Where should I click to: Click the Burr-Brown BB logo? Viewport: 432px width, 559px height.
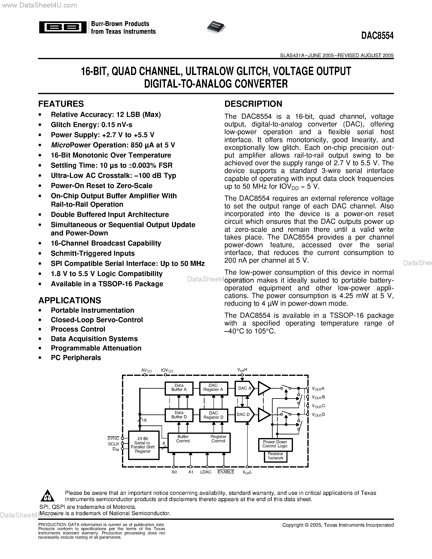63,27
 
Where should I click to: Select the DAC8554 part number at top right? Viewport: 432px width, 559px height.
377,36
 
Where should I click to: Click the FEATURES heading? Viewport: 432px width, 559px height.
61,104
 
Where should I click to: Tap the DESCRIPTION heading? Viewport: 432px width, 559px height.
253,104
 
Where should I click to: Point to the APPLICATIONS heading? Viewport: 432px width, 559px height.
70,300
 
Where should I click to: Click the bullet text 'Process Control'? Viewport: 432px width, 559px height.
78,329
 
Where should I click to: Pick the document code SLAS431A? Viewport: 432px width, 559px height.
291,55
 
